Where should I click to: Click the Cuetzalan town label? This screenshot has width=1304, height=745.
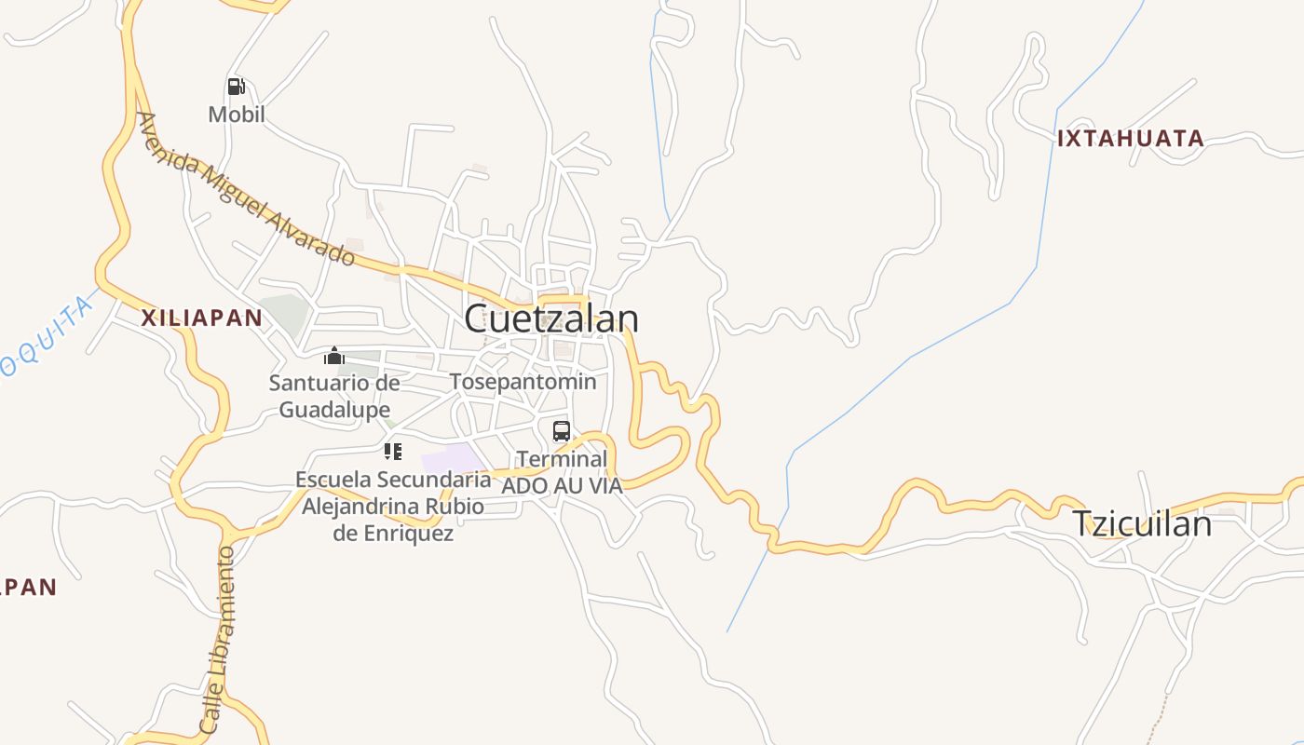[551, 318]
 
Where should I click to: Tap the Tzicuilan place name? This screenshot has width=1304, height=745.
[1142, 523]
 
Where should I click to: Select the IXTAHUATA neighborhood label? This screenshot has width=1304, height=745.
[1130, 139]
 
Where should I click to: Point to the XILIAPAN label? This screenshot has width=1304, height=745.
[201, 318]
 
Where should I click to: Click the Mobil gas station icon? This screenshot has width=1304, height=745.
[237, 88]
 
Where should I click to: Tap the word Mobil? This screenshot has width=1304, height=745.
[237, 115]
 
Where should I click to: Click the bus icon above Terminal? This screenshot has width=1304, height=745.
[562, 431]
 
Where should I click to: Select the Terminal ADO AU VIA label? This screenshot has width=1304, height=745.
[562, 472]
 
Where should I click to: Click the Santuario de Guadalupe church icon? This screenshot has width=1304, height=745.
[334, 356]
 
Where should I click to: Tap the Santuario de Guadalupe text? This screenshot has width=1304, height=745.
[334, 396]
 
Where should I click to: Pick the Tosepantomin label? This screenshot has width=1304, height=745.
[523, 382]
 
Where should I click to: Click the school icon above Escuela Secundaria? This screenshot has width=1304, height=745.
[393, 453]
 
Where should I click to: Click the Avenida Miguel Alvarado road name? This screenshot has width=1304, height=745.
[246, 189]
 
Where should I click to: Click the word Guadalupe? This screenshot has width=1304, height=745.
[334, 410]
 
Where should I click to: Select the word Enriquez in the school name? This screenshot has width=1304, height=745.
[393, 534]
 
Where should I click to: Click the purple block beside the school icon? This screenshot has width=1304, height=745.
[453, 459]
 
